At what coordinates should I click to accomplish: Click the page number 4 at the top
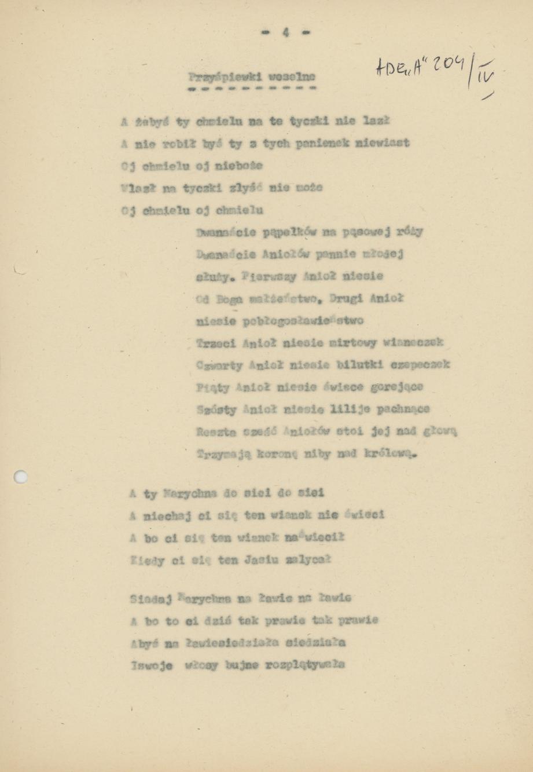click(x=285, y=33)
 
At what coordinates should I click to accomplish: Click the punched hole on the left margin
click(x=21, y=477)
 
